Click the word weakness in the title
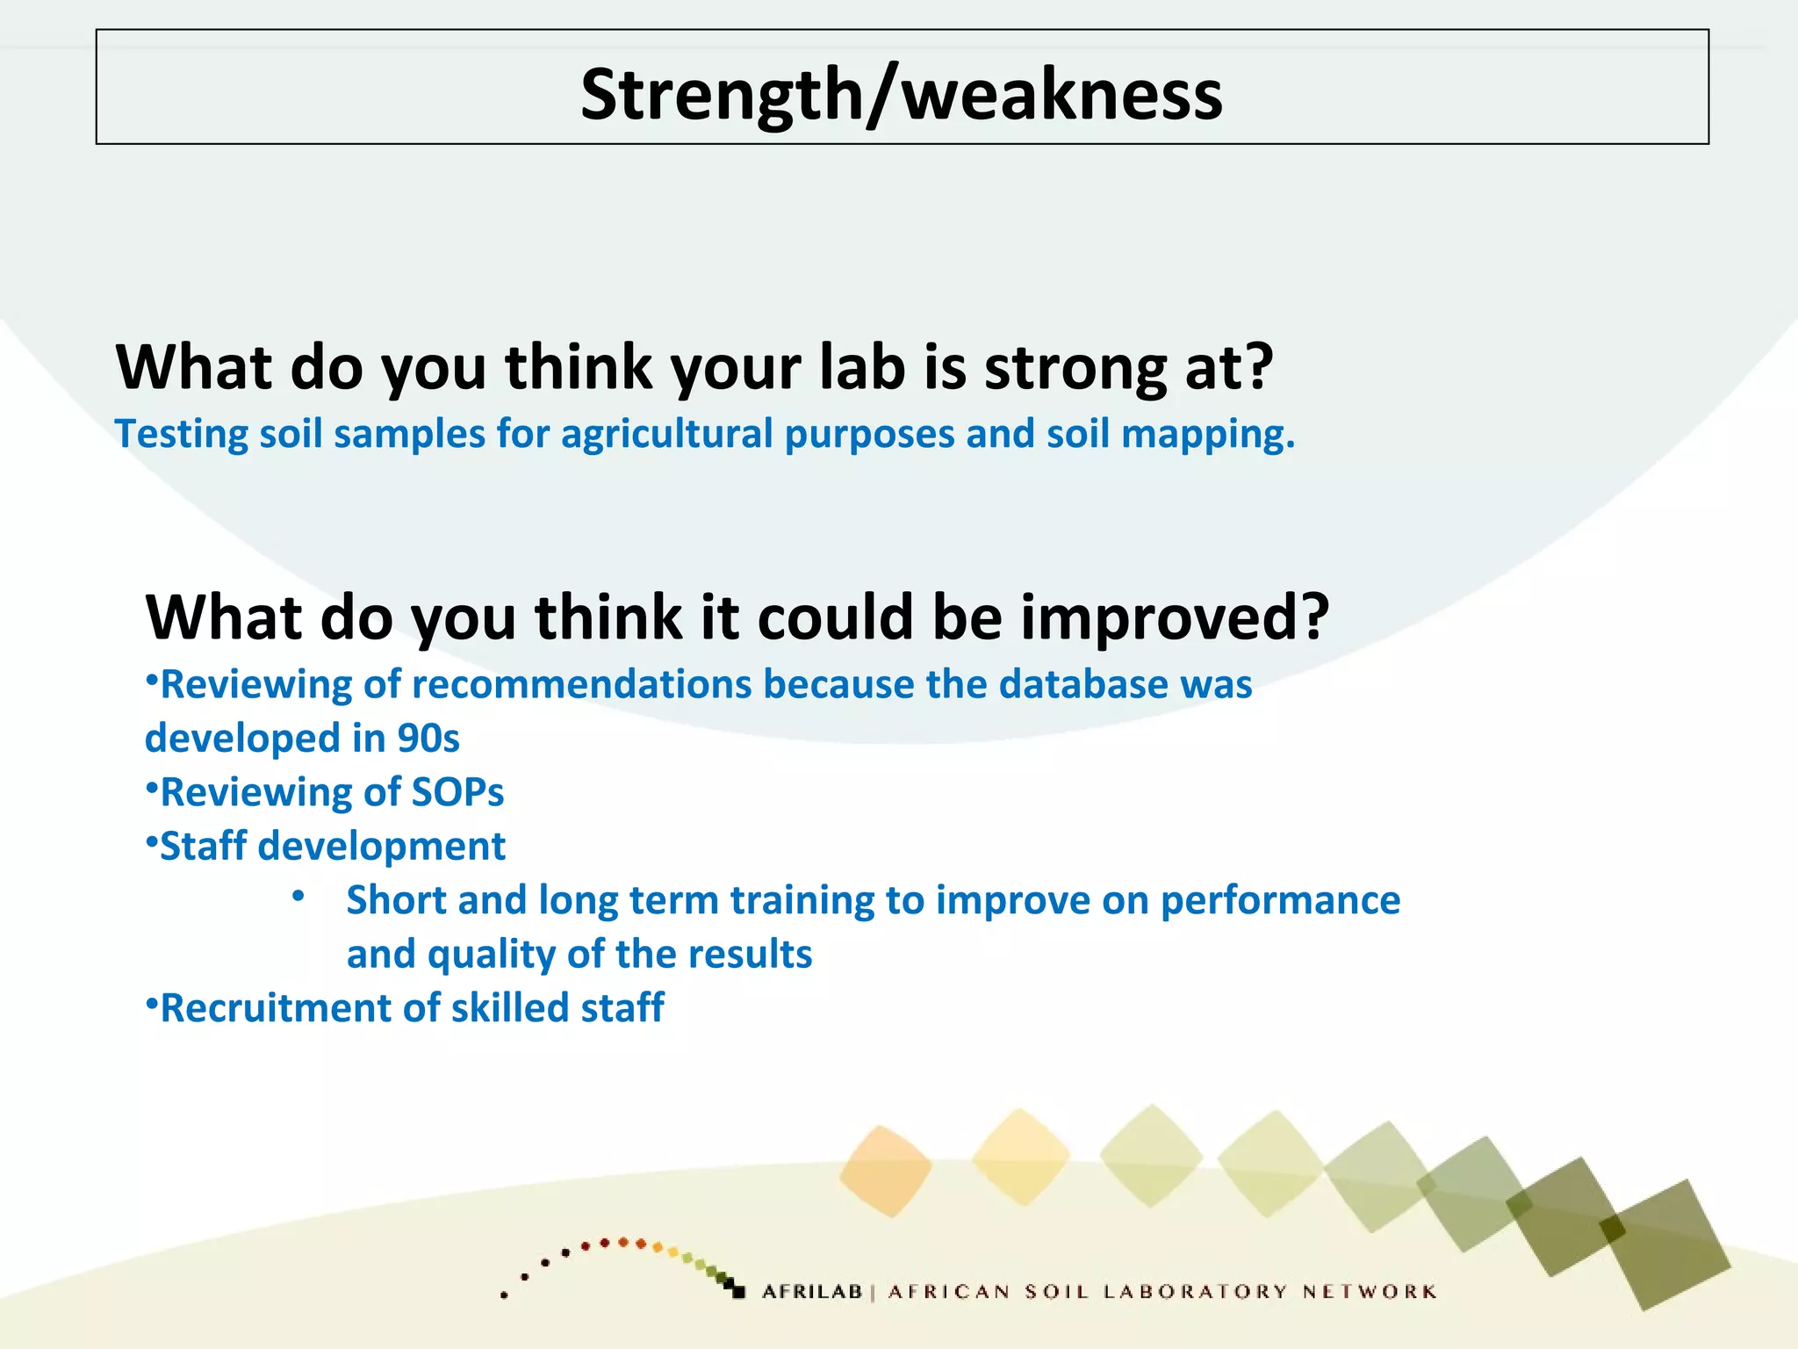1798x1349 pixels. click(1062, 95)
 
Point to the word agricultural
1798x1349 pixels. click(666, 435)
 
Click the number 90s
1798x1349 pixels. click(428, 739)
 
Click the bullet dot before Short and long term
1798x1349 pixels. click(298, 897)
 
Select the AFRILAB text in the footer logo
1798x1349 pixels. click(812, 1292)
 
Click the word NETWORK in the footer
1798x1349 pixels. click(1369, 1292)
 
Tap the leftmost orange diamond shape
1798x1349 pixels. click(885, 1171)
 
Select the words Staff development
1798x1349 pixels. click(332, 847)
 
